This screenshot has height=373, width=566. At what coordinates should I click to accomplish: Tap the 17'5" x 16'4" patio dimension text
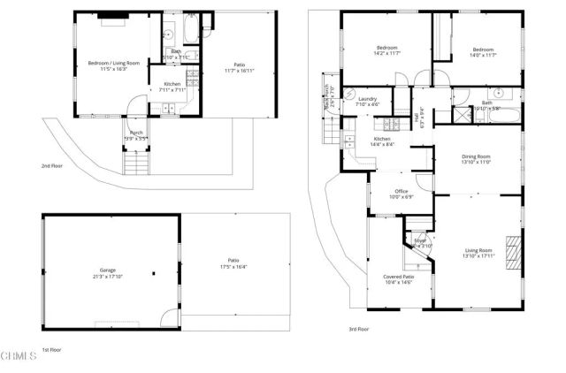tap(234, 266)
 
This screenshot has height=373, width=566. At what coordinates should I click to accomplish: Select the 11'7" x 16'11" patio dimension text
tap(239, 69)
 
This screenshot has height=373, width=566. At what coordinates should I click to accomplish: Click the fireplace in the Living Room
tap(511, 246)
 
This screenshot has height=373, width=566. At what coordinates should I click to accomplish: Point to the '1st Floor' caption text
tap(51, 350)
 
